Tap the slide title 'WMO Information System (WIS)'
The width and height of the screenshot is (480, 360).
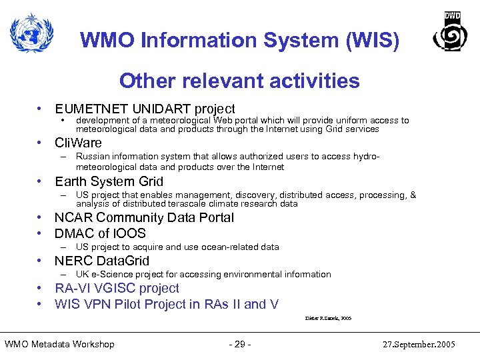click(x=240, y=41)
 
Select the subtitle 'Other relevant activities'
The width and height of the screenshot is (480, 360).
click(x=239, y=81)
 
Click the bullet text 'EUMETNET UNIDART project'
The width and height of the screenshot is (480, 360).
click(x=145, y=109)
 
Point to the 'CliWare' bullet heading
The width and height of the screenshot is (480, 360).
click(x=79, y=143)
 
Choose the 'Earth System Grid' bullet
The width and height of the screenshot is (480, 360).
click(x=109, y=181)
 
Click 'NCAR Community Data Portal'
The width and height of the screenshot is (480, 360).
click(x=144, y=217)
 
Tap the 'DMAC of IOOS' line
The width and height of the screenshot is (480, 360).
click(x=100, y=233)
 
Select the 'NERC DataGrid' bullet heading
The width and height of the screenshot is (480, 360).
click(x=102, y=261)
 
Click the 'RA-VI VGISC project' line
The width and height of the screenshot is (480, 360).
click(x=117, y=288)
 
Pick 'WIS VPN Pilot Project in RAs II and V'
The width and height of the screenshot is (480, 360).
click(x=167, y=304)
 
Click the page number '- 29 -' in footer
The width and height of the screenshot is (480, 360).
click(x=239, y=344)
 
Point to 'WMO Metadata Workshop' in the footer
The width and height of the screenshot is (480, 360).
click(x=59, y=344)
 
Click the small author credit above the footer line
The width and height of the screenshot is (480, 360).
click(x=327, y=319)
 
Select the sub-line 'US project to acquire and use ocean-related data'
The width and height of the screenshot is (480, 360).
click(x=177, y=247)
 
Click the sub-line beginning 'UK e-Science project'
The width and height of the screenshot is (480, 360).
click(x=203, y=275)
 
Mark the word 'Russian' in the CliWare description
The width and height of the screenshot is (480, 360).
click(x=91, y=157)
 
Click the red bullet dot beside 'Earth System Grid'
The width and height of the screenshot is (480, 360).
click(x=41, y=181)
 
